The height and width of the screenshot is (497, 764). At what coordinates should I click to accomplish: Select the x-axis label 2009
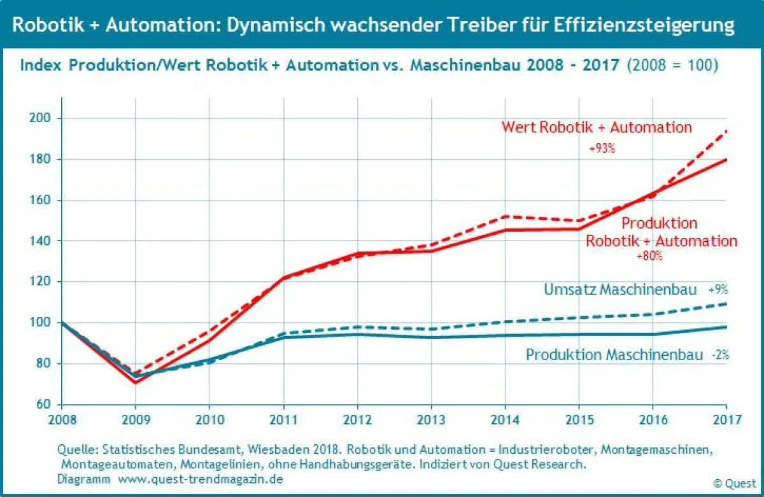point(134,420)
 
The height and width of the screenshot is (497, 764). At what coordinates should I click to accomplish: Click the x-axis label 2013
point(431,420)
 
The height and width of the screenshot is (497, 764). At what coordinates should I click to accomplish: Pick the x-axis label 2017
point(726,420)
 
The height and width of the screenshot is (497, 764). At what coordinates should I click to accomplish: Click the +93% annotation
point(602,150)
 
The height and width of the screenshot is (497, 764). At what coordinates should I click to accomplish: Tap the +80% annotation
point(649,256)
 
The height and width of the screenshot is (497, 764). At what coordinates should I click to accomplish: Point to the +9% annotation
point(718,290)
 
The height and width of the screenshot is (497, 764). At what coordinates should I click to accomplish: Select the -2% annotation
point(720,355)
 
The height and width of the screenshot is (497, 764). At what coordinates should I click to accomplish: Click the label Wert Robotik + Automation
point(597,127)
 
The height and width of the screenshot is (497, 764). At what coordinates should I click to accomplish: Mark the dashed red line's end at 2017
point(726,130)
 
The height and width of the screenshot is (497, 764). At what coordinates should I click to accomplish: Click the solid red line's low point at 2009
point(135,382)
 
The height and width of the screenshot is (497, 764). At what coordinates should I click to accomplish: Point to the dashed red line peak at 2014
point(505,216)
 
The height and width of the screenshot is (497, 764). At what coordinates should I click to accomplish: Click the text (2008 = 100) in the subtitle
point(673,66)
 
